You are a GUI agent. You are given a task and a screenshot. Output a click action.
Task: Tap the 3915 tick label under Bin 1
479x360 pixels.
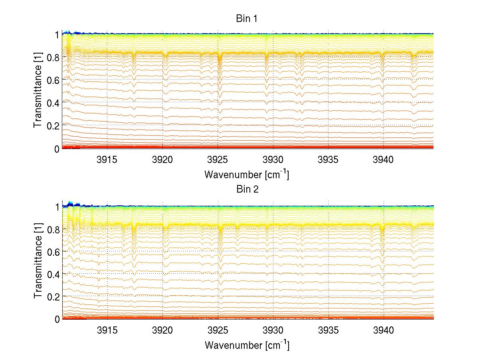[x=108, y=160]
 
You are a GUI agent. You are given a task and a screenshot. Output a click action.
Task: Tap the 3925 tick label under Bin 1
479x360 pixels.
[x=218, y=160]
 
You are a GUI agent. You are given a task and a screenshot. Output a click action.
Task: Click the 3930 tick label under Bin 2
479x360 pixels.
[x=273, y=330]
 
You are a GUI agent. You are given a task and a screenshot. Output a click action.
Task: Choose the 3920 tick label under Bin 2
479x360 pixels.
[x=163, y=330]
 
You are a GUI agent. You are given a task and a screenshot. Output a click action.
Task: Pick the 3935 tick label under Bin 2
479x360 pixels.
[x=329, y=330]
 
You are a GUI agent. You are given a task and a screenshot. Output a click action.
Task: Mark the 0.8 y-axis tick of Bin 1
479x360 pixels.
[x=53, y=58]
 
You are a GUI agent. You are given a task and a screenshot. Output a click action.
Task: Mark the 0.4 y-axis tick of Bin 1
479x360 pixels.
[x=53, y=103]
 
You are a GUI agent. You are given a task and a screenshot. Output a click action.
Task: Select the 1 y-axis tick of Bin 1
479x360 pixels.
[x=57, y=35]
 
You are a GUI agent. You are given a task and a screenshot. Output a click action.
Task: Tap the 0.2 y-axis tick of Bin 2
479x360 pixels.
[x=53, y=296]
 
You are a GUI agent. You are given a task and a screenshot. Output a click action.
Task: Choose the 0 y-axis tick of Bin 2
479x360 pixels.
[x=57, y=319]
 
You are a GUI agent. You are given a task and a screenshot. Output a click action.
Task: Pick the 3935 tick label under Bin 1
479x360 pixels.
[x=329, y=160]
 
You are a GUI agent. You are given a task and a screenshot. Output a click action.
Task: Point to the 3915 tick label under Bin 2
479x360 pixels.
[x=108, y=330]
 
